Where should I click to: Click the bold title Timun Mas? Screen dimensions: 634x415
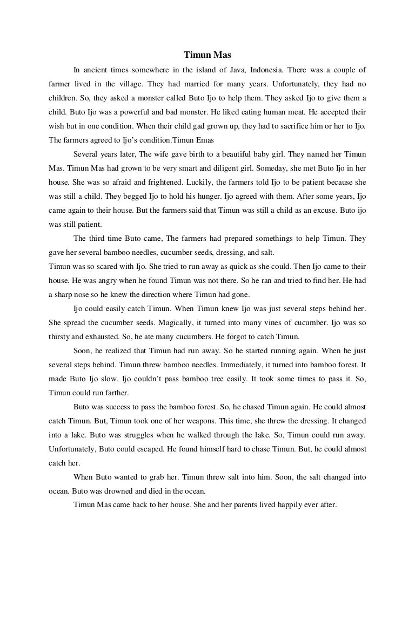tap(207, 55)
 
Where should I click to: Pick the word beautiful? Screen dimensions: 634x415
tap(236, 154)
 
